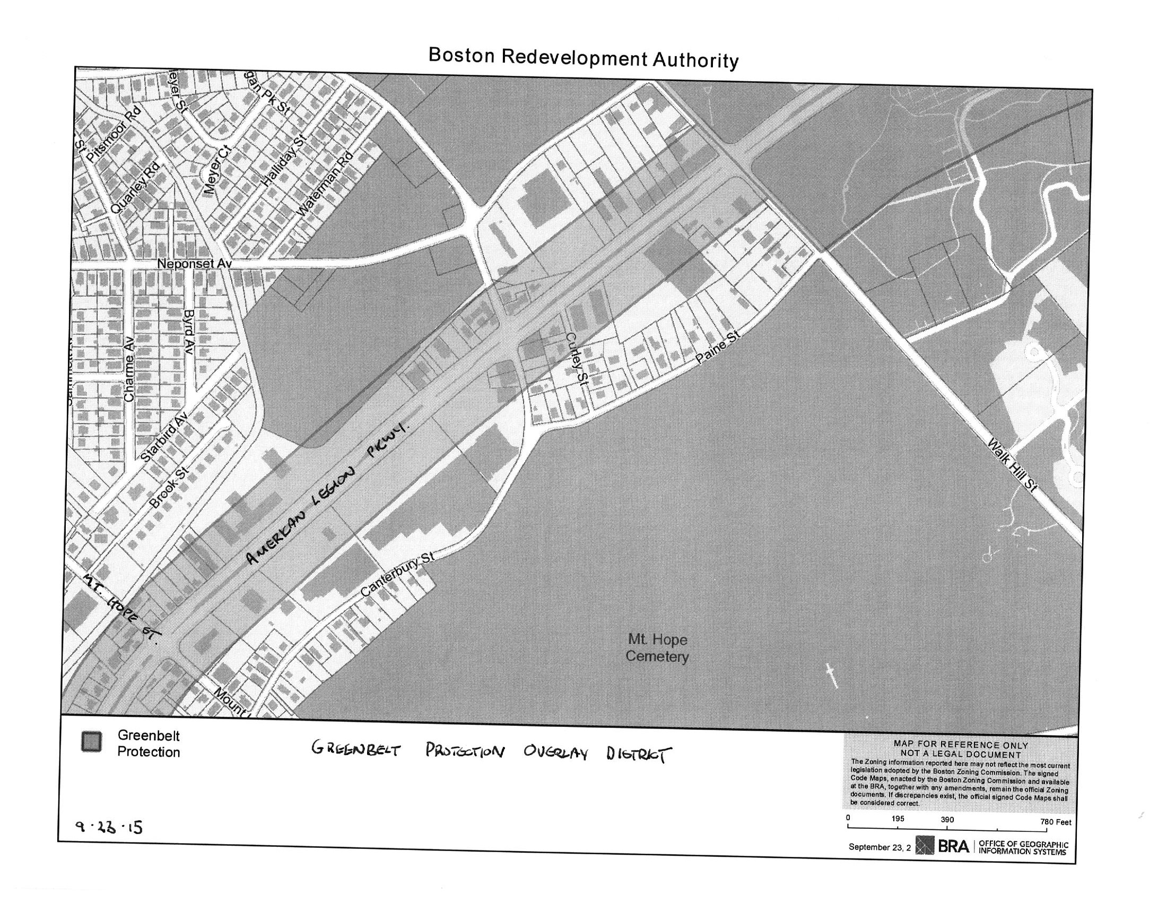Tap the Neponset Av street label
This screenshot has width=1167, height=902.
point(194,264)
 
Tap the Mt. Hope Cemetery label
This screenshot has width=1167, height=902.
point(657,647)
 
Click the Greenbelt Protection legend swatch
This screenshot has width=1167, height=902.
point(91,742)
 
